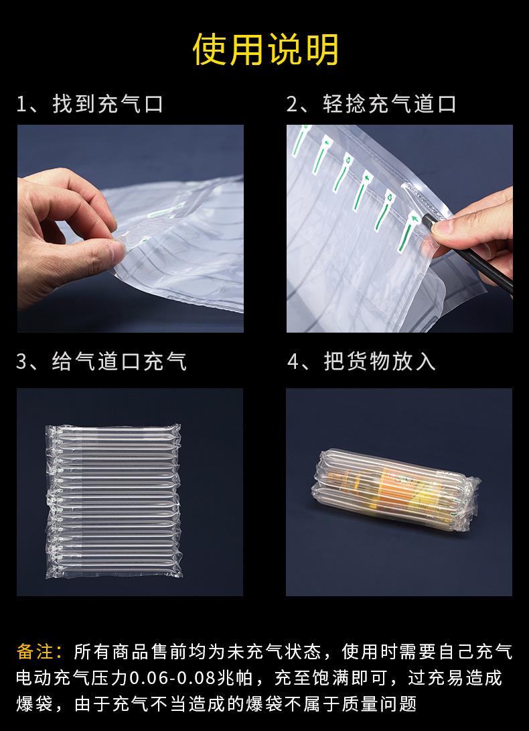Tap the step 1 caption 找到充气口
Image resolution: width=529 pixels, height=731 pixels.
click(x=108, y=104)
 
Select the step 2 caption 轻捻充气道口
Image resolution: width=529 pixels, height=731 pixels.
click(x=389, y=104)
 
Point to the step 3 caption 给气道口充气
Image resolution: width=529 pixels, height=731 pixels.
click(x=119, y=361)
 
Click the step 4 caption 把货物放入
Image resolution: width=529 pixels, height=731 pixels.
click(x=380, y=361)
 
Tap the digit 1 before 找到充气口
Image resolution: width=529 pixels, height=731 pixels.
click(x=22, y=105)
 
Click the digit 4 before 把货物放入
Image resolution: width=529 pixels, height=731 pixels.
click(x=293, y=362)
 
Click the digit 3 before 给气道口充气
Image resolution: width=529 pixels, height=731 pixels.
click(x=22, y=362)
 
